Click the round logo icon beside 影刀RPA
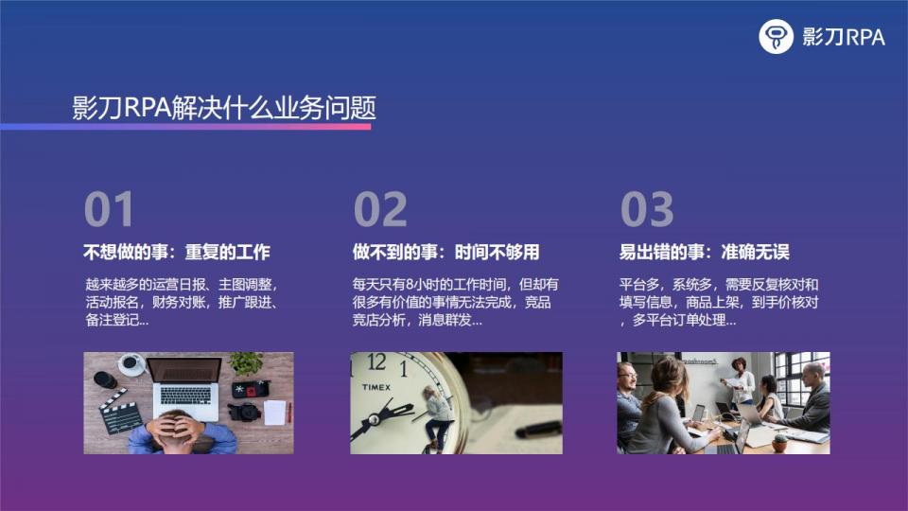776,37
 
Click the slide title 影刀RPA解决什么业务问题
224,108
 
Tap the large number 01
109,209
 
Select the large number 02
380,209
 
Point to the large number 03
647,209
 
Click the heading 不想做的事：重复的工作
177,252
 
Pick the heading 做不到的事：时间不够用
445,252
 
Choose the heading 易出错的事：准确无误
704,252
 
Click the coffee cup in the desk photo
131,363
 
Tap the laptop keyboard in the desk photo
185,396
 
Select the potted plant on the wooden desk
247,363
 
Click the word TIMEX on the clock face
376,387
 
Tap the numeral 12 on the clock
376,362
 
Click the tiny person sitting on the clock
437,418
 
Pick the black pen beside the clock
538,430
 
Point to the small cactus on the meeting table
780,443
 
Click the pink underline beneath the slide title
185,126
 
